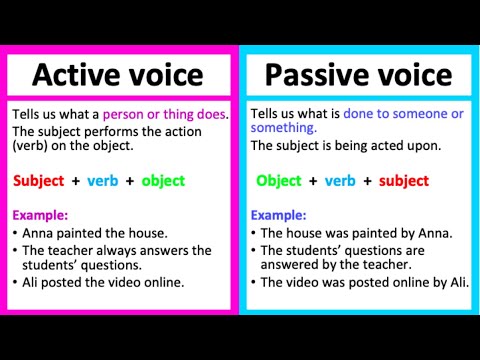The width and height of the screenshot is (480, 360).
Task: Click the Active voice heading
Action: coord(117,74)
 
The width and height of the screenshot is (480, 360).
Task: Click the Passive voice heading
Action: coord(358,74)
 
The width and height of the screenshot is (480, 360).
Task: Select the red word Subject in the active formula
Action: coord(39,181)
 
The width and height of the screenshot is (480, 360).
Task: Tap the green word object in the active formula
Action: coord(164,181)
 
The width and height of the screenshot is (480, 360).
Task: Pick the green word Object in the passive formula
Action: coord(278,181)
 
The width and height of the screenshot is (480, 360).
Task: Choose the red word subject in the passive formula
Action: coord(403,181)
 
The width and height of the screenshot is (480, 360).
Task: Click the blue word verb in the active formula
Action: coord(103,181)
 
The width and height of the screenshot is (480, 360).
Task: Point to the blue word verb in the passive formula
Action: coord(340,181)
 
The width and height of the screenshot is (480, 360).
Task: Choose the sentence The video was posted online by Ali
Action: coord(360,283)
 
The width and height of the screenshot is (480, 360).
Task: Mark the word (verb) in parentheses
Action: coord(35,145)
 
